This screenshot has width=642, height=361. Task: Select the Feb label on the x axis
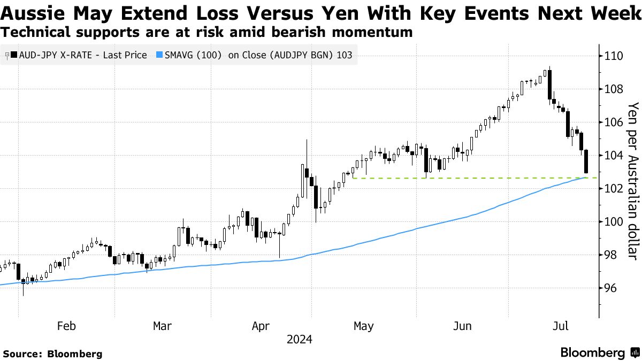coord(66,326)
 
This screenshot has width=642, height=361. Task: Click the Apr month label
coord(261,326)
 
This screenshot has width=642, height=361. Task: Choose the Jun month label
coord(462,326)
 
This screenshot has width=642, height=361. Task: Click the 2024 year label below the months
coord(300,340)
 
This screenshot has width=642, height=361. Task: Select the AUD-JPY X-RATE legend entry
coord(78,55)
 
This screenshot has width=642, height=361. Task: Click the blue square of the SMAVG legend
coord(159,55)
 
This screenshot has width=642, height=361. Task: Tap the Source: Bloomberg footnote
coord(52,354)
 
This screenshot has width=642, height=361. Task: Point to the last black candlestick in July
coord(586,161)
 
